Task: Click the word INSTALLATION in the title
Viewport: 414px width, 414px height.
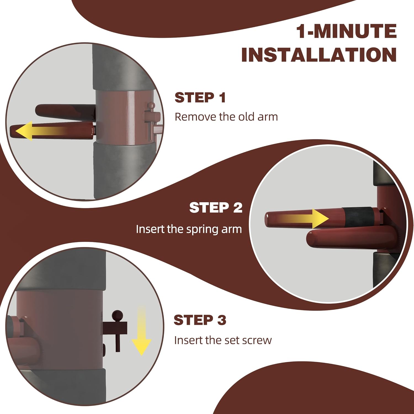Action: click(319, 55)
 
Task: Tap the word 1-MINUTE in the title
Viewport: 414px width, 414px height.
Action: click(346, 31)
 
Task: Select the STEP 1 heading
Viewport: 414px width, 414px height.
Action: click(200, 98)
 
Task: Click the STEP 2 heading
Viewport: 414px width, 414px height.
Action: click(216, 208)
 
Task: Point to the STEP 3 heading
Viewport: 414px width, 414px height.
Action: click(200, 320)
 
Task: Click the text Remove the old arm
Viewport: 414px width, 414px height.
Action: click(226, 117)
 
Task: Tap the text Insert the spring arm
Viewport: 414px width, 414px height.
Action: click(189, 229)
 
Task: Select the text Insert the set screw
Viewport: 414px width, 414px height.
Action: click(223, 340)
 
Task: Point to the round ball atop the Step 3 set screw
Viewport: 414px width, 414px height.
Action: click(118, 315)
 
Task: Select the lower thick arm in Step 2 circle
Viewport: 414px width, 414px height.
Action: click(345, 240)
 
